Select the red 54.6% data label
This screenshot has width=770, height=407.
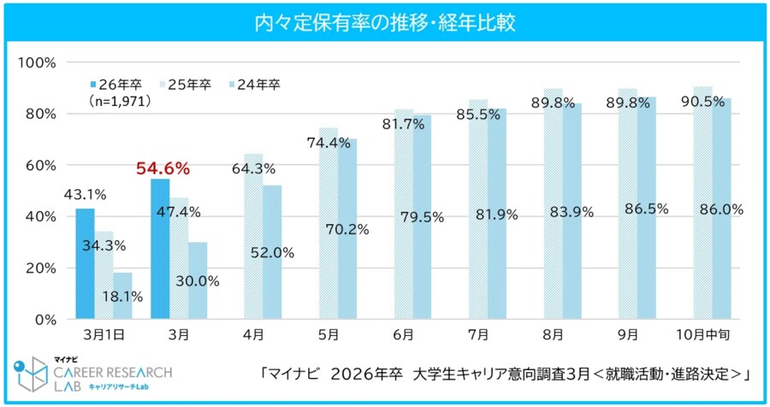pos(163,169)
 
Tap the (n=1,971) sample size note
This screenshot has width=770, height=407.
pos(121,101)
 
